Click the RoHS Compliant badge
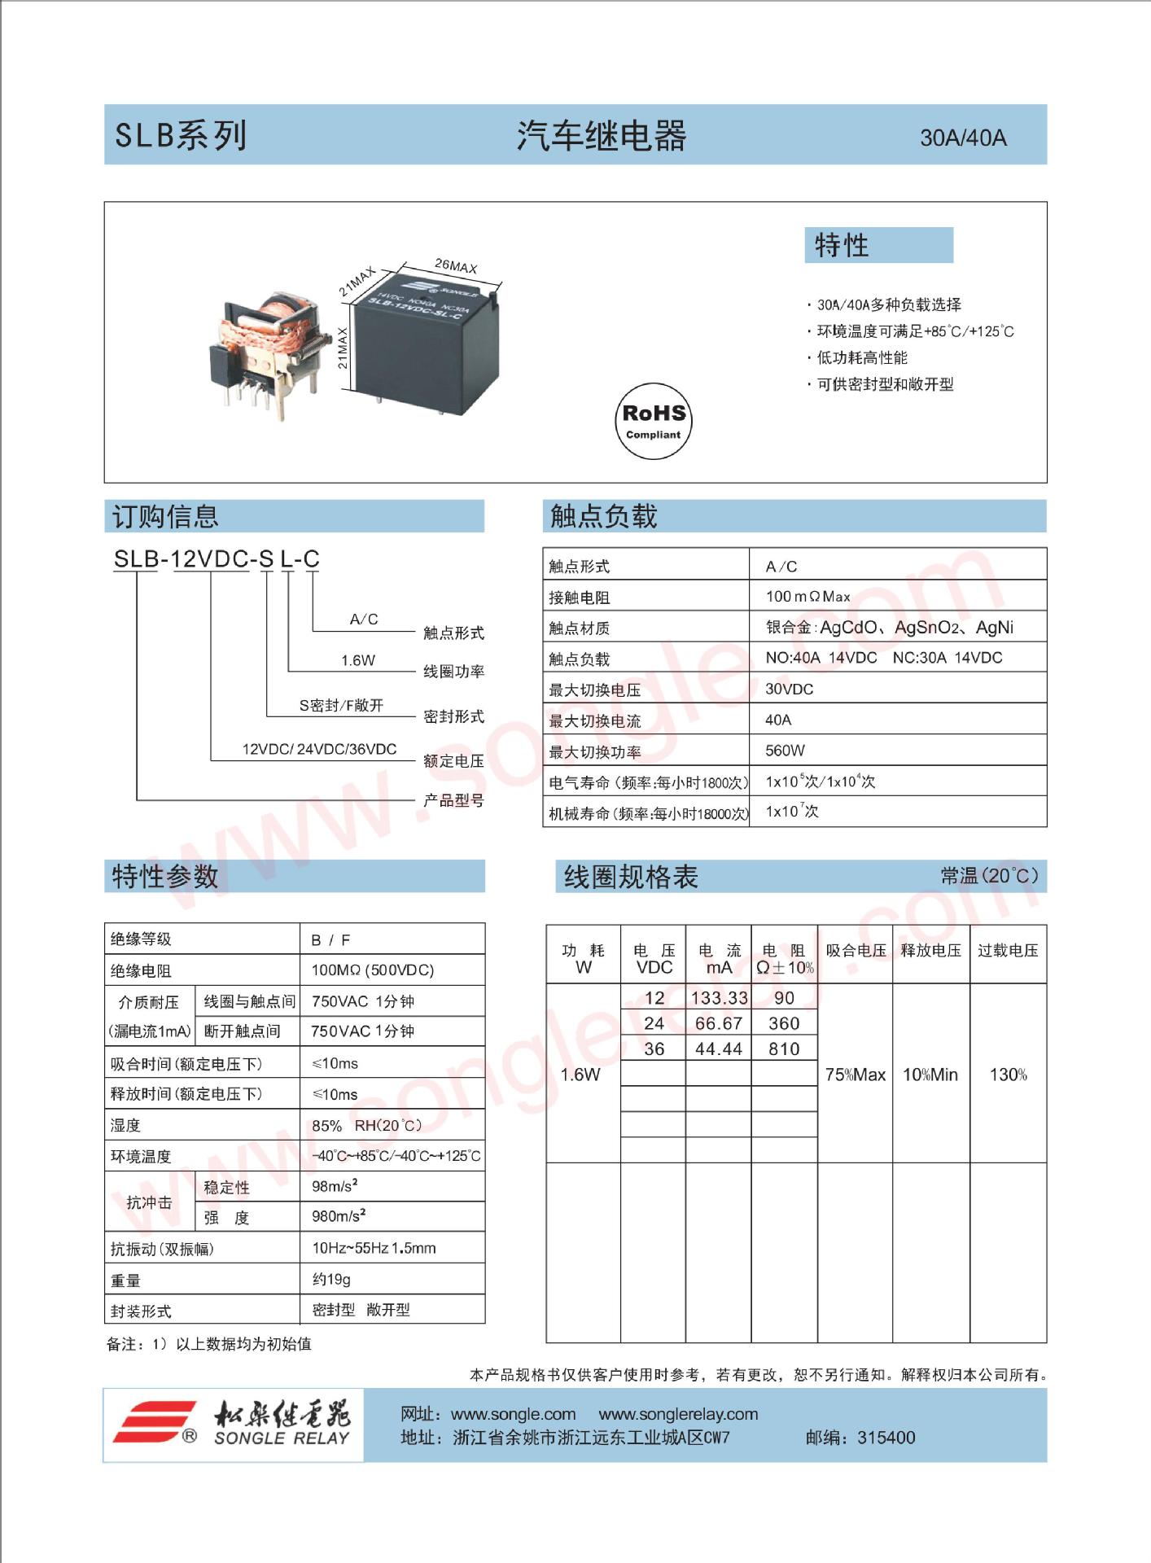tap(652, 420)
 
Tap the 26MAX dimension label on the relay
tap(456, 266)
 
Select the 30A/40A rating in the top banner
tap(963, 138)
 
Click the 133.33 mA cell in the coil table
tap(719, 998)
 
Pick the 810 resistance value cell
tap(784, 1049)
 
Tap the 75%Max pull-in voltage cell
tap(855, 1075)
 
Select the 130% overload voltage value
tap(1008, 1075)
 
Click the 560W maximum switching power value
tap(785, 751)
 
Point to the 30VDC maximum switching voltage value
tap(789, 689)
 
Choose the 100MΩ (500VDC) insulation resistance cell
tap(373, 970)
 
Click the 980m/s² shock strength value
tap(339, 1216)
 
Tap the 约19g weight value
tap(331, 1280)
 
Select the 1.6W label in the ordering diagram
tap(358, 660)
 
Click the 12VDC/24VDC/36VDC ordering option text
tap(319, 749)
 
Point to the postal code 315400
tap(886, 1438)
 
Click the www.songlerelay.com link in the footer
tap(678, 1414)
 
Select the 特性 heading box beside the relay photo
tap(878, 245)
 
